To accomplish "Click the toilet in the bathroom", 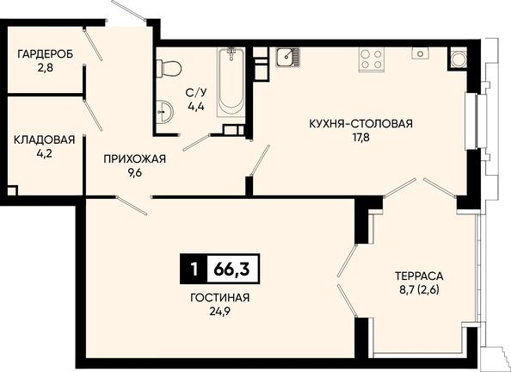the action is [x=168, y=68].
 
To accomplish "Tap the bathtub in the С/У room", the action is [x=231, y=82].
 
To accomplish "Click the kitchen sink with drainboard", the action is [x=287, y=58].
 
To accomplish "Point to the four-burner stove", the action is [x=371, y=59].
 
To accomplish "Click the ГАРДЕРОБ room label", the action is [x=45, y=54].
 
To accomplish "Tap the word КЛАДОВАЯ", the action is [x=45, y=140].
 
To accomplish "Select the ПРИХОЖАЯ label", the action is [x=134, y=159].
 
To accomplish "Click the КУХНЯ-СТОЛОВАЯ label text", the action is [x=360, y=124].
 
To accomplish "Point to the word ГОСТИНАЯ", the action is [x=220, y=298].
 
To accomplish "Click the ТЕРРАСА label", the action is [x=419, y=276].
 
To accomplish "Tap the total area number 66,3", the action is [x=232, y=270].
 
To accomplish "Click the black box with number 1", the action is [x=194, y=269].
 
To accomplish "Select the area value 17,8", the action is [x=360, y=138].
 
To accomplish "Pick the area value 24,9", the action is [x=220, y=312].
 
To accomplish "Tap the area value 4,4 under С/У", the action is [x=196, y=107].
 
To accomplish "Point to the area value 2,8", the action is [x=45, y=68].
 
